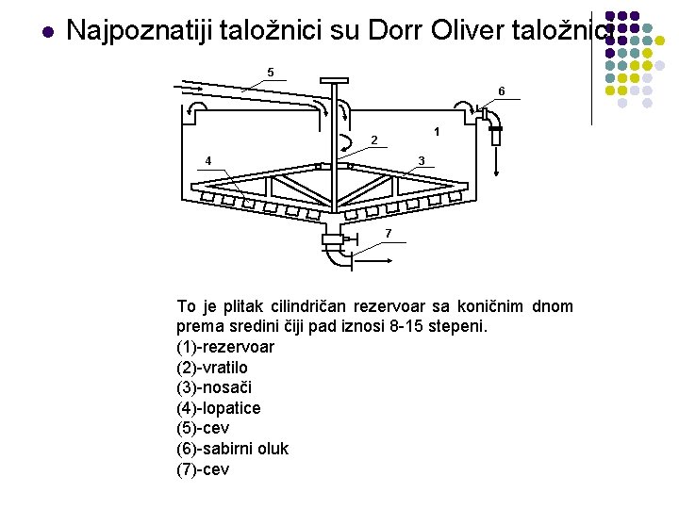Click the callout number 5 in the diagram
(271, 73)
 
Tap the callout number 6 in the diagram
(502, 90)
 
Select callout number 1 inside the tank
(436, 130)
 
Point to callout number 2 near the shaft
(373, 140)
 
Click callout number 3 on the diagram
(422, 159)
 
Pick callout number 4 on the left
(208, 159)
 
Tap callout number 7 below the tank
(388, 233)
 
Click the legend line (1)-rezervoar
(225, 347)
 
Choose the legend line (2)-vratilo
(212, 368)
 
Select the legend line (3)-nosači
(214, 387)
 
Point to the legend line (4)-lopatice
(219, 408)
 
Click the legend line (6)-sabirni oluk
(233, 449)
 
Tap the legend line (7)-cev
(203, 469)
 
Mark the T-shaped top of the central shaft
(335, 86)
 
